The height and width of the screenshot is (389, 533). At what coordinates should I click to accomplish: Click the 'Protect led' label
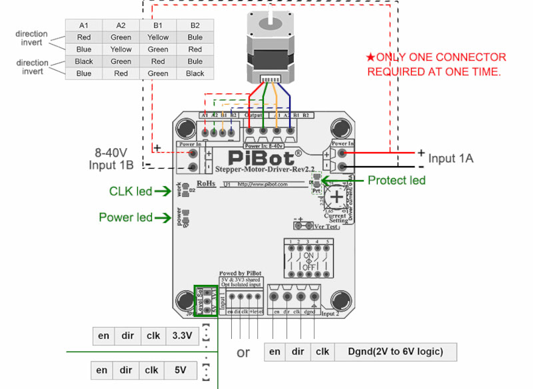click(x=396, y=180)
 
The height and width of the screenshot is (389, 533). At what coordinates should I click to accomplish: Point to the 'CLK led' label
click(x=131, y=191)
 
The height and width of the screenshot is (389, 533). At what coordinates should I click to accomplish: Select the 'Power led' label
click(x=125, y=217)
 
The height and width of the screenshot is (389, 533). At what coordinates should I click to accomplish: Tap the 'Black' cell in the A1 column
click(x=84, y=61)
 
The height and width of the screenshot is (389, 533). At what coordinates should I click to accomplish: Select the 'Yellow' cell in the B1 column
click(x=158, y=37)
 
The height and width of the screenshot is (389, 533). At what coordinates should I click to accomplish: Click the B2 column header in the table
click(x=195, y=25)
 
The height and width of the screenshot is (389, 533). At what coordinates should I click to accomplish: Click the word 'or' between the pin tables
click(x=243, y=352)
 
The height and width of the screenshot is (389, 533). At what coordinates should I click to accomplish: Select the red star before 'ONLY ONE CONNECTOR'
click(x=370, y=58)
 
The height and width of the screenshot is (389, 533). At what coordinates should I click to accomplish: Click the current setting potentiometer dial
click(x=338, y=198)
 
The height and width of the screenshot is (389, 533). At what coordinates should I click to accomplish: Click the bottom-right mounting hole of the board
click(x=342, y=301)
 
